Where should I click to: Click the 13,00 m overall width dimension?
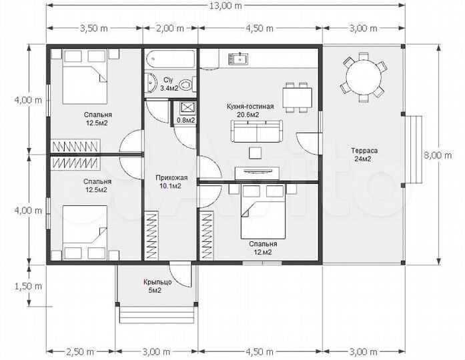point(226,6)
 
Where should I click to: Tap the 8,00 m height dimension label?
point(438,155)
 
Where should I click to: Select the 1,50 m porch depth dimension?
point(29,286)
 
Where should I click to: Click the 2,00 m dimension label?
point(170,29)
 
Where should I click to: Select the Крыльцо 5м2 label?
point(157,286)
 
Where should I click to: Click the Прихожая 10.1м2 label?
point(171,181)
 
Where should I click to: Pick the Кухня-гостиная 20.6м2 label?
point(250,110)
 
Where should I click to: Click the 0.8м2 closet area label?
point(185,120)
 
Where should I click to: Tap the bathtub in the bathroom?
point(171,59)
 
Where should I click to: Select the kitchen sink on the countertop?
point(238,59)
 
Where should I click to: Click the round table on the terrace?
point(364,77)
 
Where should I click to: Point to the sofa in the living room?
point(256,131)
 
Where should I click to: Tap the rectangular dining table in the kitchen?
point(297,98)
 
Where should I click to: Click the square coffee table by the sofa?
point(256,153)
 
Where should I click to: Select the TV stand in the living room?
point(257,173)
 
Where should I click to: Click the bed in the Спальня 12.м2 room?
point(263,211)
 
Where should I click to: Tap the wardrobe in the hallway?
point(151,235)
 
